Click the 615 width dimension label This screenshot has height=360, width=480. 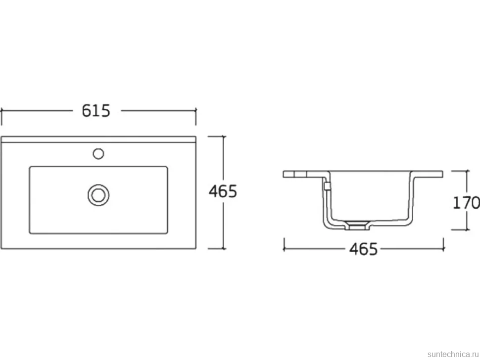coord(96,111)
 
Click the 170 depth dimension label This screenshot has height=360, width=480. coord(466,202)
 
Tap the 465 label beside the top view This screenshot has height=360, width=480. coord(223,191)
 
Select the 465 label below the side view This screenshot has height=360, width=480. coord(364,249)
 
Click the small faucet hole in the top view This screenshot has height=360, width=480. coord(98,153)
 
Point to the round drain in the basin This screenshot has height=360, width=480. coord(98,195)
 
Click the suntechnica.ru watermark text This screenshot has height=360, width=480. coord(453,354)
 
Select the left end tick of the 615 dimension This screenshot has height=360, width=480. coord(1,116)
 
